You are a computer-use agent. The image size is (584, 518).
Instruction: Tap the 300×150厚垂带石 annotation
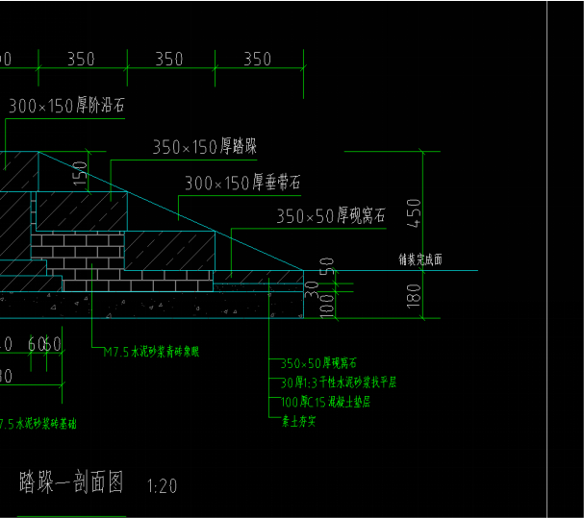point(242,182)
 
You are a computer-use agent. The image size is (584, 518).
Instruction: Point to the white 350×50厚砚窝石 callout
point(331,216)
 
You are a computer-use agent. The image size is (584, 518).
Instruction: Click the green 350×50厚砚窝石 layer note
point(318,363)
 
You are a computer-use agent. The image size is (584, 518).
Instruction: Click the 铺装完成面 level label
point(420,259)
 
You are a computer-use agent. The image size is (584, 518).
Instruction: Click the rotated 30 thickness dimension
point(311,285)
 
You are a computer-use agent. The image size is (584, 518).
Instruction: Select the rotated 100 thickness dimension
point(326,305)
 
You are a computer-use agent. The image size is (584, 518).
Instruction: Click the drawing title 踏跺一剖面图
point(71,483)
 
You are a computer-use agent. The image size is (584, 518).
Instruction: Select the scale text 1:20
point(163,486)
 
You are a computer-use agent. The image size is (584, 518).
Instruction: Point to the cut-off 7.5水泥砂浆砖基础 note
point(44,423)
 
